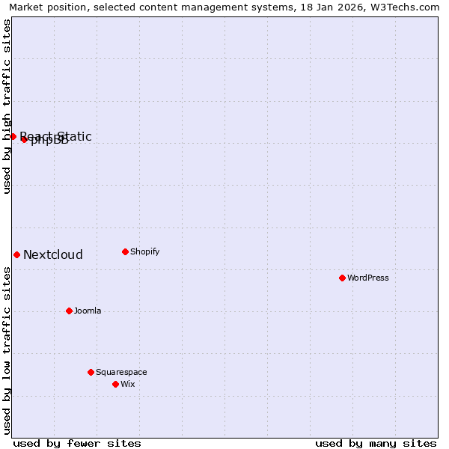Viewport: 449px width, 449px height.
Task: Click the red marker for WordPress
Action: click(x=342, y=278)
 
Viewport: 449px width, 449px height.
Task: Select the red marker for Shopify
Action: click(x=125, y=251)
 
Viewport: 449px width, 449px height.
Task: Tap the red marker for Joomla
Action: click(x=69, y=311)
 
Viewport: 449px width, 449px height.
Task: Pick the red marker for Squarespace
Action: click(x=91, y=372)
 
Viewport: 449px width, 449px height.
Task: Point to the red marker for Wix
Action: click(x=115, y=384)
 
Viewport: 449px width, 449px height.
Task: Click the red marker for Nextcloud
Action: click(x=16, y=254)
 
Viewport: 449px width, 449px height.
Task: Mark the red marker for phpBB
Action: click(x=24, y=139)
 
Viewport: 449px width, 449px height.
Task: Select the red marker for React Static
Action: click(x=13, y=136)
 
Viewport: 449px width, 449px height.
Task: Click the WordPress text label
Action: click(x=368, y=278)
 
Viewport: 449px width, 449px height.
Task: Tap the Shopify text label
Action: click(x=145, y=251)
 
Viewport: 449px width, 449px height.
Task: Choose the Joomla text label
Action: click(x=88, y=311)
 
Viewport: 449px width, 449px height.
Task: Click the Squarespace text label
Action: click(x=121, y=372)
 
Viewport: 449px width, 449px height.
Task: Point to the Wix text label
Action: click(x=128, y=384)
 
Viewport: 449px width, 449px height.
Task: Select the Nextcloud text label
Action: click(x=53, y=254)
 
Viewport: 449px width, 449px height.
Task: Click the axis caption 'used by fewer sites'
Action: click(x=77, y=443)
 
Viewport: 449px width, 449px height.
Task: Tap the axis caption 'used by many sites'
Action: click(x=376, y=443)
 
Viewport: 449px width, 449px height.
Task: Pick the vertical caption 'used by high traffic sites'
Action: click(x=7, y=106)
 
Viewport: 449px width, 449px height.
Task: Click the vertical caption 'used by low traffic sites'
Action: click(x=7, y=350)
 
